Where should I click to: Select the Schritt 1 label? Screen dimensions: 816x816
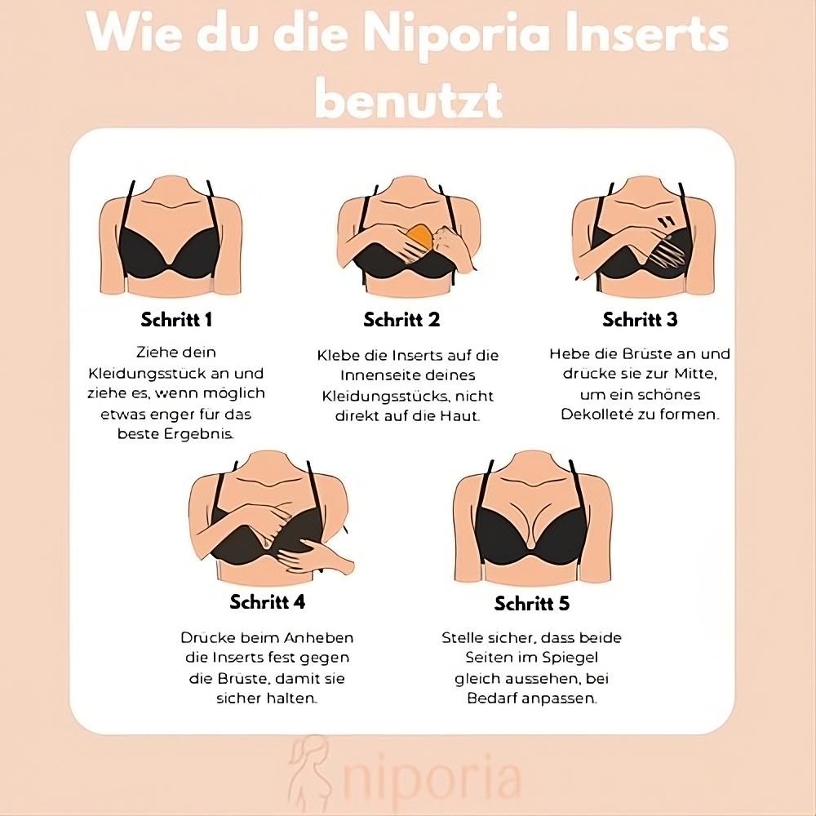(176, 320)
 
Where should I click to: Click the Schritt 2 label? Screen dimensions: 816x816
(401, 320)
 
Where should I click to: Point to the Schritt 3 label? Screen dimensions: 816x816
(640, 320)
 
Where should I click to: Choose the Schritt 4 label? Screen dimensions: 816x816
(268, 602)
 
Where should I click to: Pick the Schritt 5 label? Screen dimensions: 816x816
(532, 604)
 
